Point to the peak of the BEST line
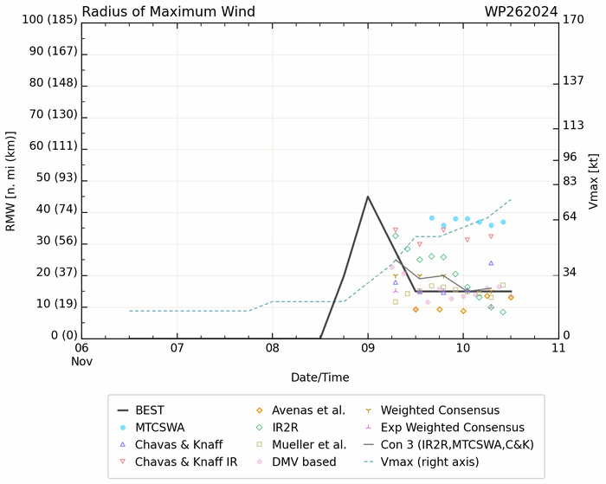pos(368,197)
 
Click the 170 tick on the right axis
pos(574,19)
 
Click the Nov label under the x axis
pos(81,361)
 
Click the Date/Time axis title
pos(319,378)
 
